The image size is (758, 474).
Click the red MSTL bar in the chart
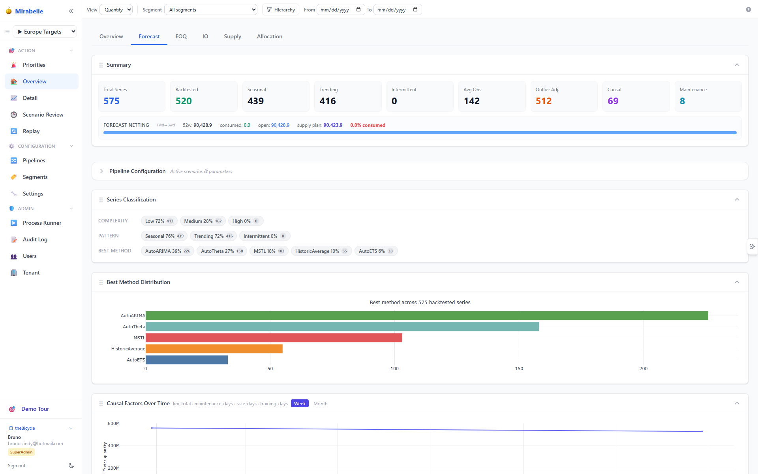(274, 338)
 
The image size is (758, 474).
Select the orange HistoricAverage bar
(214, 349)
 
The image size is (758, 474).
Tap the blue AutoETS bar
(187, 360)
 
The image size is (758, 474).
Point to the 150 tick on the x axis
(519, 369)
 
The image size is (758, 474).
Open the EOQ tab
(181, 36)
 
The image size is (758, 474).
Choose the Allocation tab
(270, 36)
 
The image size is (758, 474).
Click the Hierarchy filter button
(281, 10)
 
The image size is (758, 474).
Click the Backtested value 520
(184, 101)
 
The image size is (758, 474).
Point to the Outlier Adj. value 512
(544, 101)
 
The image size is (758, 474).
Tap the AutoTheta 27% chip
(222, 251)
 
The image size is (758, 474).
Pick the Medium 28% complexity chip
(203, 221)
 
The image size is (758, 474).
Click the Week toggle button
(300, 404)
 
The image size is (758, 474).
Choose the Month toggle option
(320, 404)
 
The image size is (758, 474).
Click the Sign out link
(17, 466)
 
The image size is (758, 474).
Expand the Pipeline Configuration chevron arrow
(101, 171)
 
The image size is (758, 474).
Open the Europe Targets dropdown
(45, 32)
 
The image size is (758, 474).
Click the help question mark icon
(748, 9)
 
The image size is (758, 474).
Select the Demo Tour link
(35, 409)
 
